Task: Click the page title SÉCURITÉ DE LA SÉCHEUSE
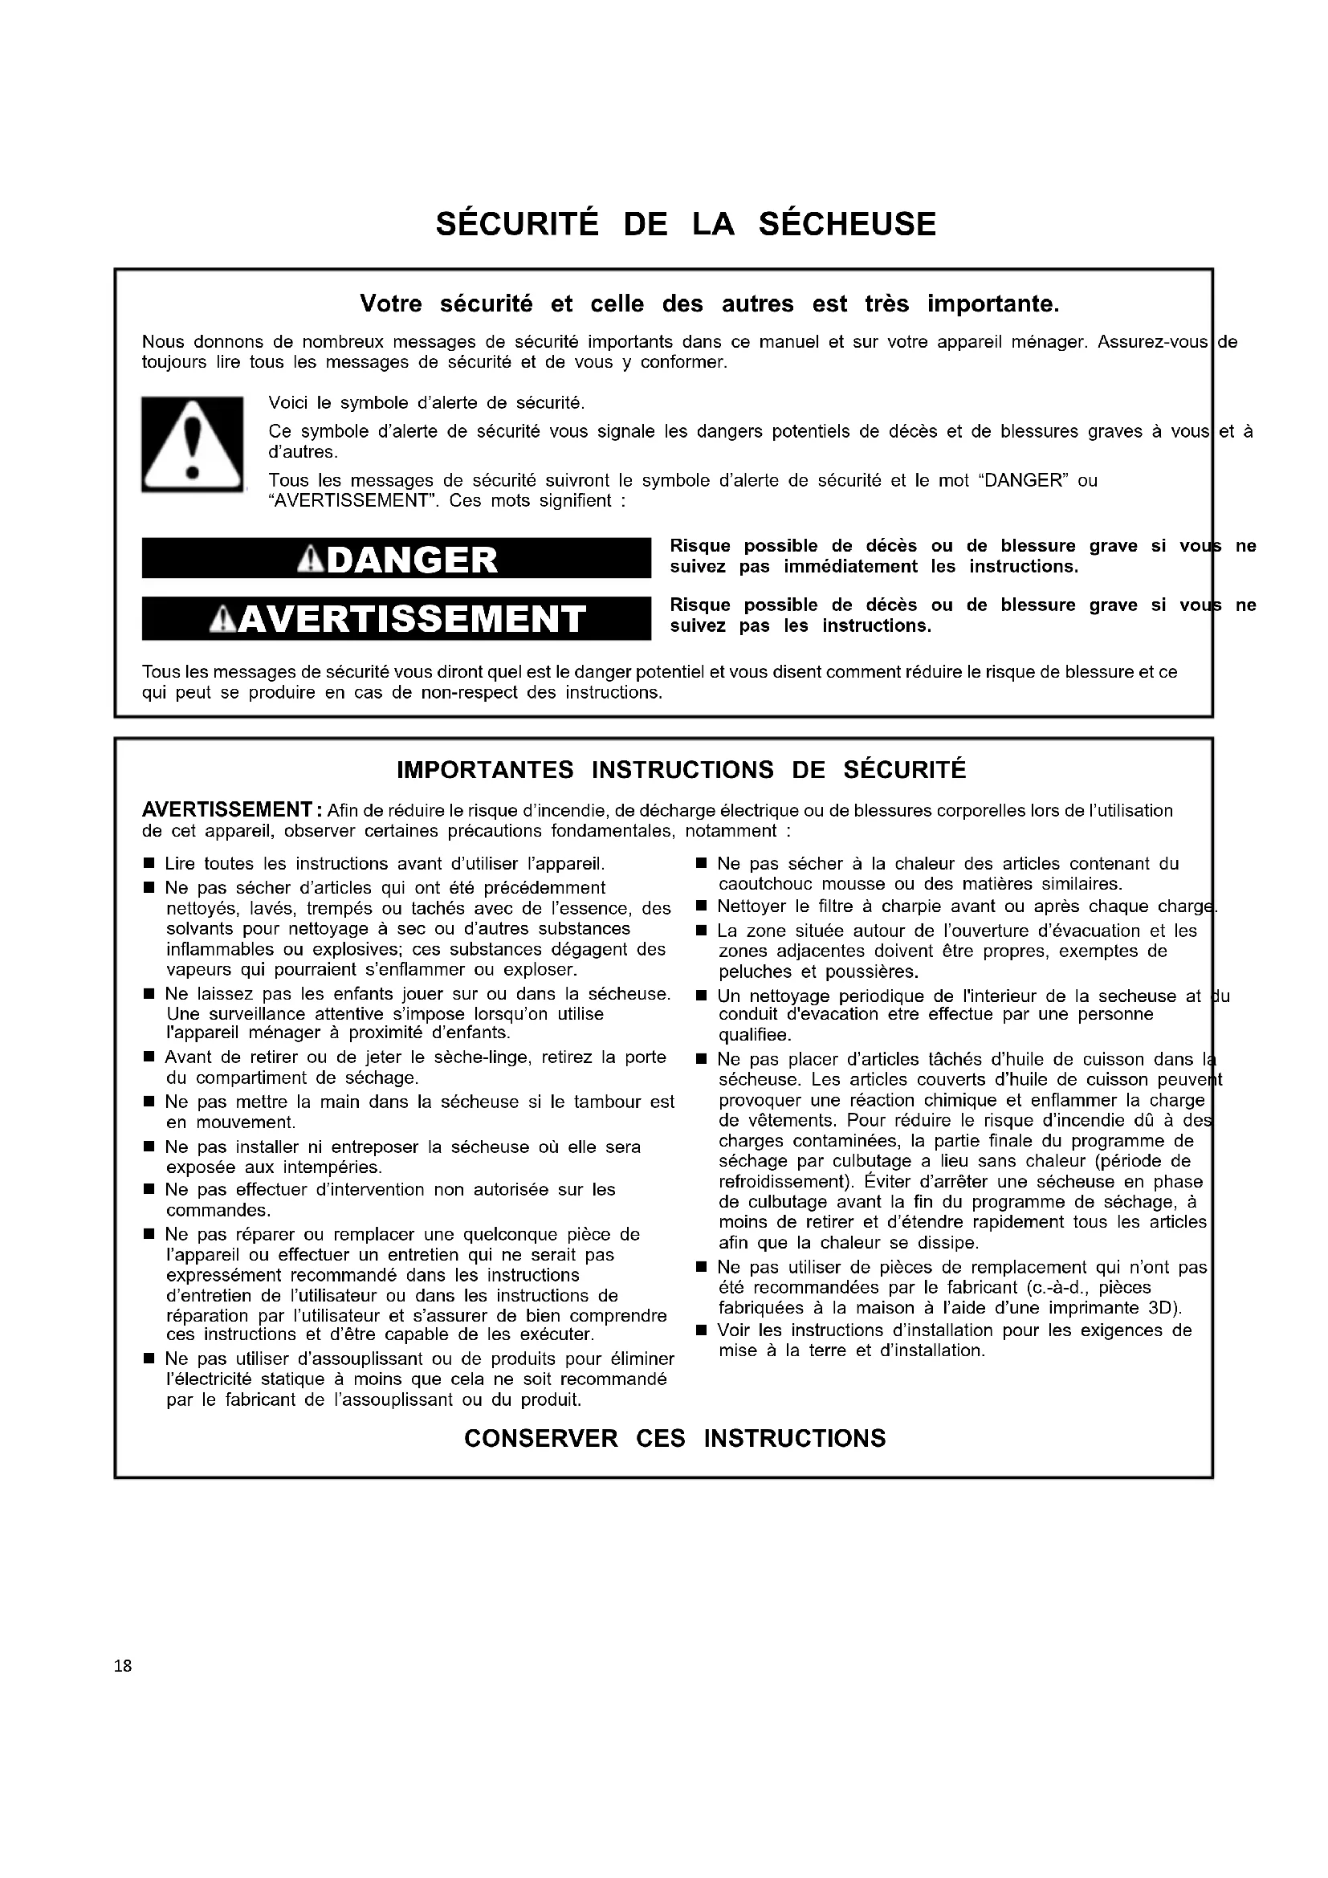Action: (685, 224)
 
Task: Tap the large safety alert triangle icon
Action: (193, 445)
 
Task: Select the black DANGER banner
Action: (397, 560)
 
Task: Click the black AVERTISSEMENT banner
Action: (397, 619)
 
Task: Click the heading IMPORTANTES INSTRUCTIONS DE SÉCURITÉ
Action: (681, 770)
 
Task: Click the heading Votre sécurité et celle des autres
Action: (709, 304)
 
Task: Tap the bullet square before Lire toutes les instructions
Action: (149, 865)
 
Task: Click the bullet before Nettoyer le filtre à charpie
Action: (701, 906)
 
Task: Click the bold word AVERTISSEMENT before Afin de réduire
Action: (224, 811)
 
